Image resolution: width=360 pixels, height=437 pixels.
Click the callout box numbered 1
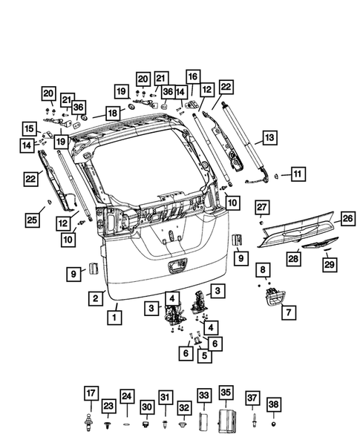[x=114, y=318]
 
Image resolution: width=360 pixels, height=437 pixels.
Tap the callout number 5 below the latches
[x=203, y=355]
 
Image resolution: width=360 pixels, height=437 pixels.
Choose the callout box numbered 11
[x=297, y=174]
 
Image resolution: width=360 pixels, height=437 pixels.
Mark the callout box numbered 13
[x=269, y=137]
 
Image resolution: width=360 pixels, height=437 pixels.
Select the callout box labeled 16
[x=192, y=76]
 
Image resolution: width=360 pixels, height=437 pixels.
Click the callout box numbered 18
[x=111, y=114]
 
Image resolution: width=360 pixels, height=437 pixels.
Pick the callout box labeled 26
[x=347, y=218]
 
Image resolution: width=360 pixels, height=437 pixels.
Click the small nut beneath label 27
[x=262, y=223]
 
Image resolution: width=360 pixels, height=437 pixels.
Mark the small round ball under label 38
[x=274, y=425]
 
